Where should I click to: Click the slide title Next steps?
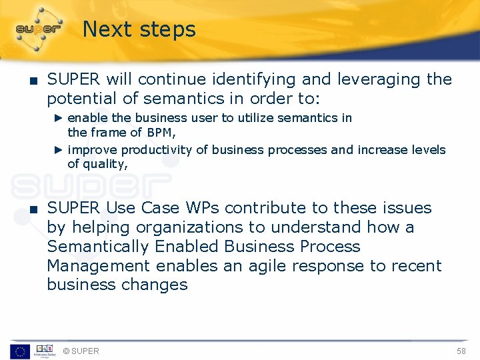pyautogui.click(x=139, y=29)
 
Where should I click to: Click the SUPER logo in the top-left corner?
pyautogui.click(x=38, y=29)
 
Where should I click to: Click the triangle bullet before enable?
pyautogui.click(x=58, y=118)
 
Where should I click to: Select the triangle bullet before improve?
pyautogui.click(x=58, y=150)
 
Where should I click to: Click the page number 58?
pyautogui.click(x=461, y=351)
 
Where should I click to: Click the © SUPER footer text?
pyautogui.click(x=81, y=351)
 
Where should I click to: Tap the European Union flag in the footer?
pyautogui.click(x=19, y=351)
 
